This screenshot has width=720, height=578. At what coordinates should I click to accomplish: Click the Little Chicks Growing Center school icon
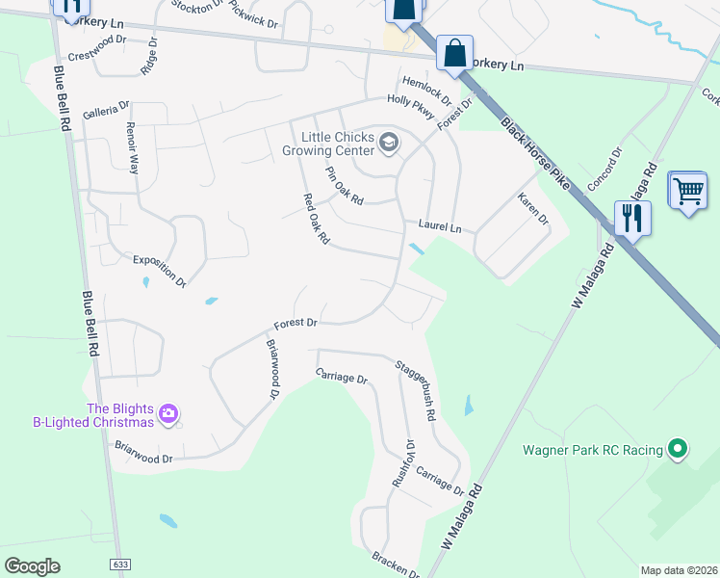[389, 144]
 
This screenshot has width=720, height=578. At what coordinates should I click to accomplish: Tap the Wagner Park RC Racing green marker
[678, 449]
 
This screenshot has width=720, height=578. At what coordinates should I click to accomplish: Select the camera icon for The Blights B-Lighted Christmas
[168, 414]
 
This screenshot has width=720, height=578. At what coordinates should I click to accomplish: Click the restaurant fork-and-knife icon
[632, 217]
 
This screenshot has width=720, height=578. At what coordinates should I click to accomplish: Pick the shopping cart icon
[687, 193]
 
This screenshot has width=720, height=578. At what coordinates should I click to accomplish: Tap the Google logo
[32, 565]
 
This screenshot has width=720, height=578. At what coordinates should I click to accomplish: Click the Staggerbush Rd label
[416, 389]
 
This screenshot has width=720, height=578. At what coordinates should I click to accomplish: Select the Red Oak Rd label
[317, 219]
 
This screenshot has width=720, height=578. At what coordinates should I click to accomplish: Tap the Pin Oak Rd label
[344, 186]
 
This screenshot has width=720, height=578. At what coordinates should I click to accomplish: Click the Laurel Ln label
[440, 227]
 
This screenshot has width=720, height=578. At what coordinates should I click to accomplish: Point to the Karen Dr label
[532, 208]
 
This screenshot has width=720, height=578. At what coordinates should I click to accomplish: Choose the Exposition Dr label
[160, 271]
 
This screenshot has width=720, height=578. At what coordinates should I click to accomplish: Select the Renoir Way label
[133, 148]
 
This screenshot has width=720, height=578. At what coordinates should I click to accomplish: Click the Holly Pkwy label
[411, 105]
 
